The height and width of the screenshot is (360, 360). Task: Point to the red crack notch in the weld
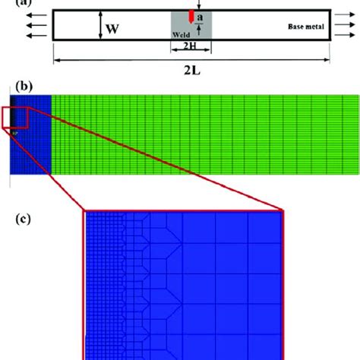[x=191, y=17]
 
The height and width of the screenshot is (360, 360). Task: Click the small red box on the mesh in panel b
[x=16, y=119]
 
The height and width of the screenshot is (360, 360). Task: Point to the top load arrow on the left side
[x=34, y=13]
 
